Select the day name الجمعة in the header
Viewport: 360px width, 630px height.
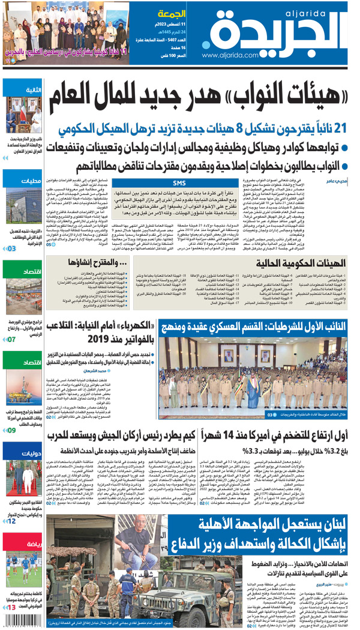point(172,13)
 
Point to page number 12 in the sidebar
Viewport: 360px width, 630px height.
point(12,521)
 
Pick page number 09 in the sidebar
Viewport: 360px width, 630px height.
point(12,430)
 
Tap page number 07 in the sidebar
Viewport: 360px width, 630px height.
point(12,340)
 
